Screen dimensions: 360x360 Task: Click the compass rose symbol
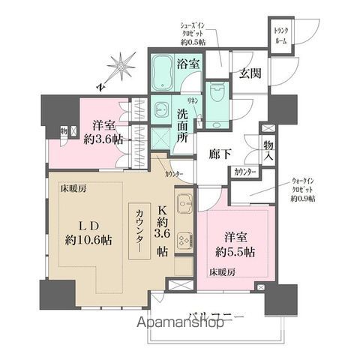pos(119,67)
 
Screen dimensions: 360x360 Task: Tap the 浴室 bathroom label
pos(187,65)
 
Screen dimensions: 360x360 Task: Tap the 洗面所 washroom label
pos(187,127)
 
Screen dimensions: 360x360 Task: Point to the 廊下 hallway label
pos(223,157)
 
